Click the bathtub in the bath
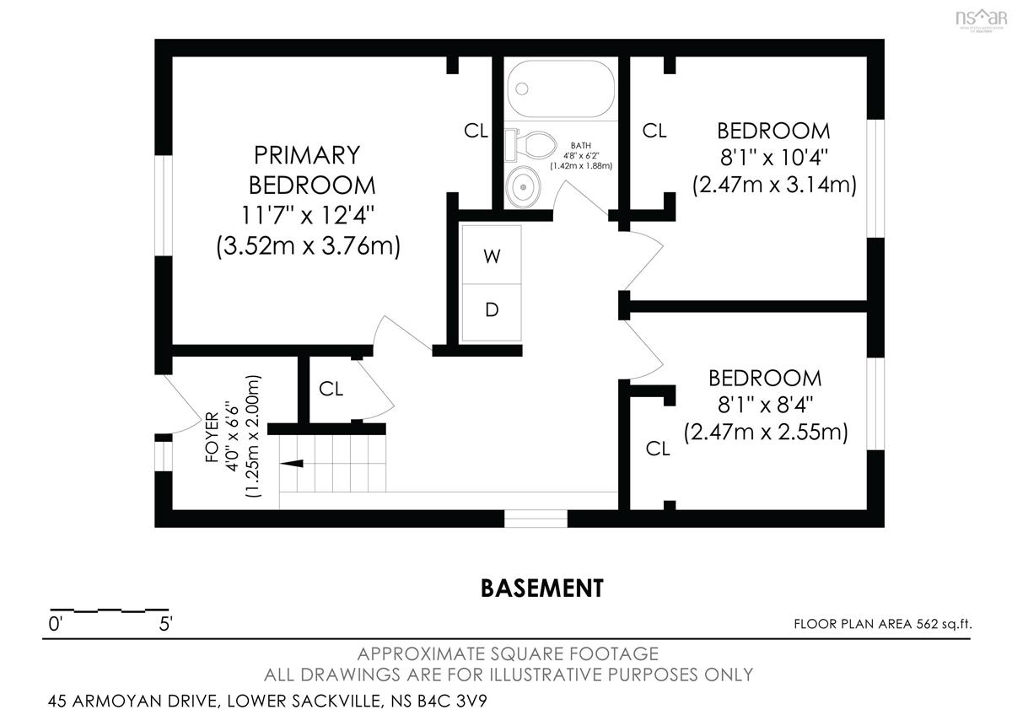[x=561, y=89]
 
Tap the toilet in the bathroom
[x=530, y=145]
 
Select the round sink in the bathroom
[x=523, y=186]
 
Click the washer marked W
[x=492, y=255]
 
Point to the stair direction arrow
[x=292, y=464]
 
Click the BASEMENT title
[x=541, y=588]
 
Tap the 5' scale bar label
[x=166, y=624]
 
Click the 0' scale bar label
[x=55, y=624]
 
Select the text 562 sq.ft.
[x=944, y=624]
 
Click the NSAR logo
[x=982, y=19]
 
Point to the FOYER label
[x=212, y=437]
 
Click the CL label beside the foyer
[x=331, y=389]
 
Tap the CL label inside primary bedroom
[x=476, y=131]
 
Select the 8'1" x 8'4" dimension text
[x=766, y=406]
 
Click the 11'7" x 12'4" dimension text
[x=308, y=216]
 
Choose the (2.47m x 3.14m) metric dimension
[x=774, y=185]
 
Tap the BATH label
[x=580, y=145]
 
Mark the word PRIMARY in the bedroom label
[x=307, y=155]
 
